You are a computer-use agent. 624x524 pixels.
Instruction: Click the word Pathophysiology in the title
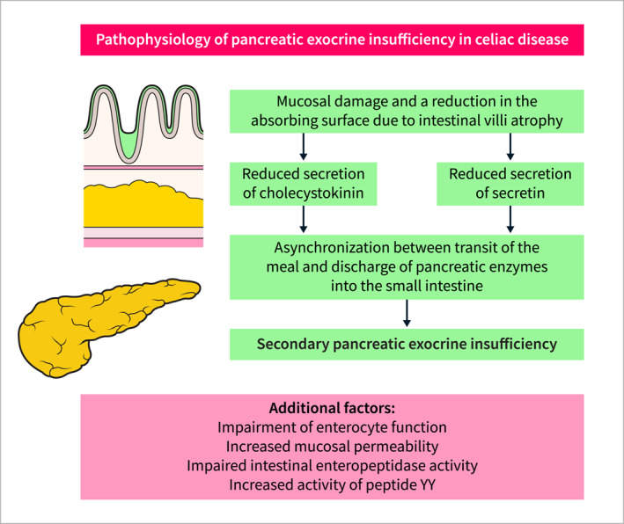point(157,41)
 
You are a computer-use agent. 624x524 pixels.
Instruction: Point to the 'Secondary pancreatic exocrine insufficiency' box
point(407,344)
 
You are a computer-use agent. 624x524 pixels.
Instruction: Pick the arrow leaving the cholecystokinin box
point(304,222)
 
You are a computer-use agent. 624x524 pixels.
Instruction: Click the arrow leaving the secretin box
point(510,222)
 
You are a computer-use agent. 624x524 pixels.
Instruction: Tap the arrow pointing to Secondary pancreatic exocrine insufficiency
point(407,313)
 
